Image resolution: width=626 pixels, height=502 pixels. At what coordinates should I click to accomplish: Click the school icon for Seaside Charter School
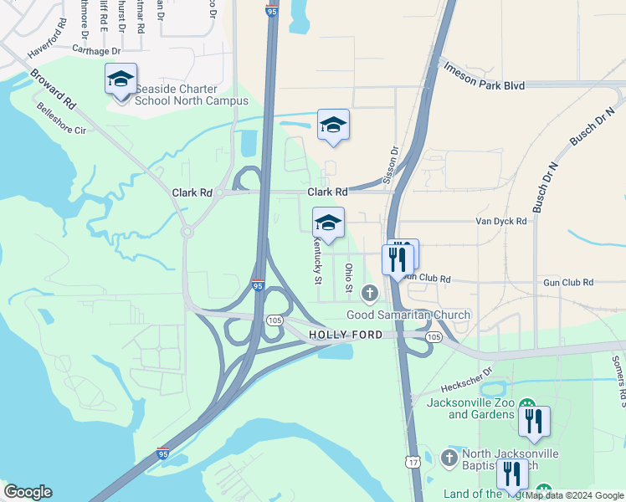pyautogui.click(x=121, y=79)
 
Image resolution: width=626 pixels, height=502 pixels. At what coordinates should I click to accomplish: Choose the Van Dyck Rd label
pyautogui.click(x=500, y=222)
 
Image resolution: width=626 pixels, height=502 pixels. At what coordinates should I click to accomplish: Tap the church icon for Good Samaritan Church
pyautogui.click(x=369, y=293)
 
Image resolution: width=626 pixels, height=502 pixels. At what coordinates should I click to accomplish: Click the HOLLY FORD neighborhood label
pyautogui.click(x=346, y=335)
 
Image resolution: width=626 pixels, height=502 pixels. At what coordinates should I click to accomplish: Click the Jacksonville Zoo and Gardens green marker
pyautogui.click(x=527, y=403)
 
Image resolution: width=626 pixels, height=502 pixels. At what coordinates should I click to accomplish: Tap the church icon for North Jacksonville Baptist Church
pyautogui.click(x=449, y=458)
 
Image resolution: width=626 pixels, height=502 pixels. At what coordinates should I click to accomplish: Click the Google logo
pyautogui.click(x=28, y=492)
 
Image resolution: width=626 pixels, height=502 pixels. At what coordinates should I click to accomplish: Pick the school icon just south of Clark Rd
pyautogui.click(x=328, y=223)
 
